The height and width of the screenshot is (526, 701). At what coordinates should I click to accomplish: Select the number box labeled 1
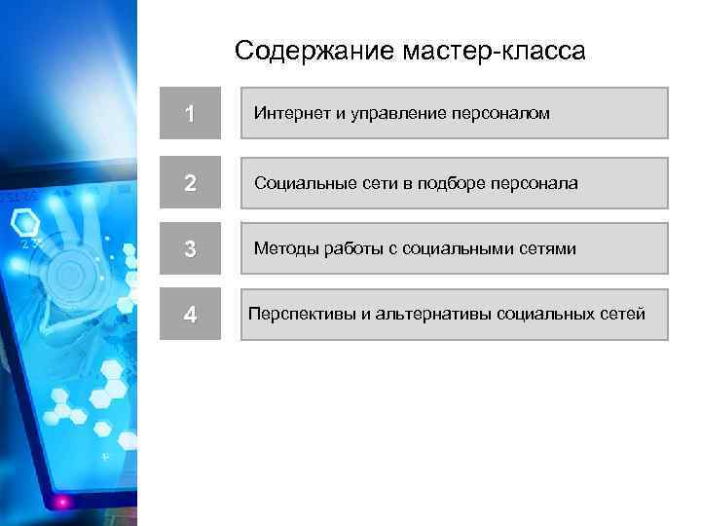click(x=190, y=114)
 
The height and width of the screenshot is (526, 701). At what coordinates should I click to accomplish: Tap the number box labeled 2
click(x=190, y=183)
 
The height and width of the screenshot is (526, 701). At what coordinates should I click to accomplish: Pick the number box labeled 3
click(x=190, y=249)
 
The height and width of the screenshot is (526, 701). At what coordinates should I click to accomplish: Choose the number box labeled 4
click(x=190, y=315)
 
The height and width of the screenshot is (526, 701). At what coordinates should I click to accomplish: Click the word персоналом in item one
click(x=500, y=114)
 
